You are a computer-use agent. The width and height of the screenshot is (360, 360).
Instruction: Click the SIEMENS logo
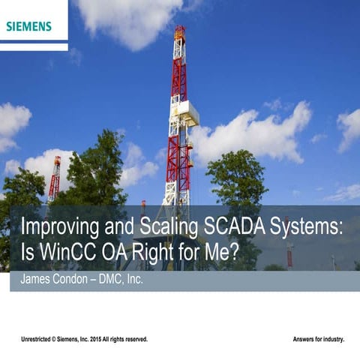(28, 26)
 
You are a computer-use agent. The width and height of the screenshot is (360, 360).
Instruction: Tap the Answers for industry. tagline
(318, 340)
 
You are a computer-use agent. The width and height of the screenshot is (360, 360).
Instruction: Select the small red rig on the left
(55, 177)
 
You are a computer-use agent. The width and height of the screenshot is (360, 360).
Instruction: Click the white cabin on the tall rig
(188, 112)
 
